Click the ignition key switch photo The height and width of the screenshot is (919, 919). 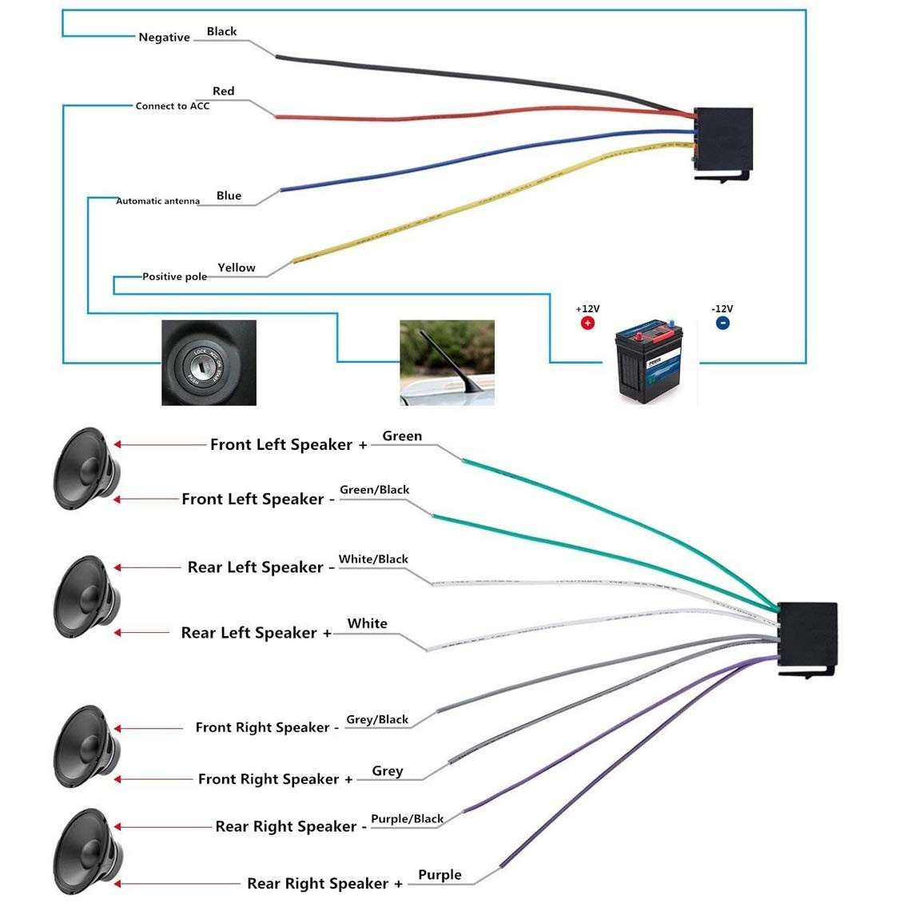point(209,362)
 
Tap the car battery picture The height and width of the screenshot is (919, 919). point(650,361)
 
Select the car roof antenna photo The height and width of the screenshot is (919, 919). point(448,362)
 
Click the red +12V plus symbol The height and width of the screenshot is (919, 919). point(587,323)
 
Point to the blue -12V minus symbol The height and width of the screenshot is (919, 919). point(722,323)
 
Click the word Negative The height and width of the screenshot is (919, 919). point(164,38)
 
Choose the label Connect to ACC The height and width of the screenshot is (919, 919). point(173,106)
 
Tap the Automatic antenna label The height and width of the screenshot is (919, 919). point(157,201)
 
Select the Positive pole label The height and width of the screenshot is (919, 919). point(175,276)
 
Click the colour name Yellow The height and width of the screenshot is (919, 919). point(237,268)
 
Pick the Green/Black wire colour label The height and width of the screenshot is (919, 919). point(375,490)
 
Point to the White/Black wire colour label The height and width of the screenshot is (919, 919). point(373,559)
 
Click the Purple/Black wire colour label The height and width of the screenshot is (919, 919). point(408,819)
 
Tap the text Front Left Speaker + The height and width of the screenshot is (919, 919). point(289,445)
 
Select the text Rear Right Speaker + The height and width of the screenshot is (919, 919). point(325,883)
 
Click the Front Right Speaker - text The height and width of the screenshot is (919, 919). point(267,727)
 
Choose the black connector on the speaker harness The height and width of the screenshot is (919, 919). point(807,639)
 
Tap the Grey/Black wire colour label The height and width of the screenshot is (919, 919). point(377,720)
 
